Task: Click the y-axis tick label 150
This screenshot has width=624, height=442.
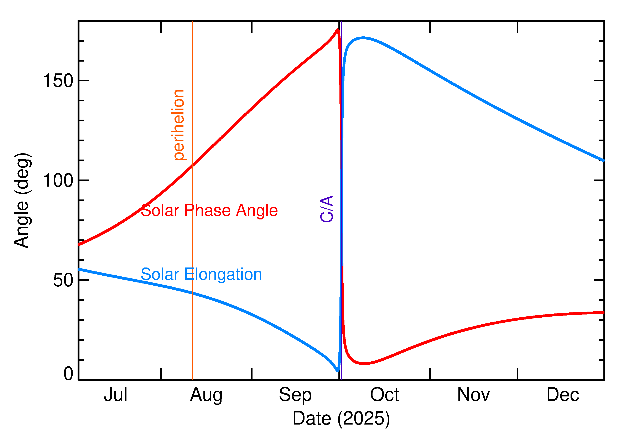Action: click(58, 81)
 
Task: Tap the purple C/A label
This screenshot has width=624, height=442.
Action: click(327, 209)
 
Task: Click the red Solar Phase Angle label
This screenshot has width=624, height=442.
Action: click(209, 210)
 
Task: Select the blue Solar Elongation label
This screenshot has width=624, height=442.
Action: click(201, 274)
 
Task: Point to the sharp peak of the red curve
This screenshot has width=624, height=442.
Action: click(337, 29)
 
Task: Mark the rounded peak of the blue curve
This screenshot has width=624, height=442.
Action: click(363, 38)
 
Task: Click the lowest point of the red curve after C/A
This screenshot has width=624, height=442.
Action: click(364, 364)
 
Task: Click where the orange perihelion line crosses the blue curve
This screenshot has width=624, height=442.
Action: click(192, 293)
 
